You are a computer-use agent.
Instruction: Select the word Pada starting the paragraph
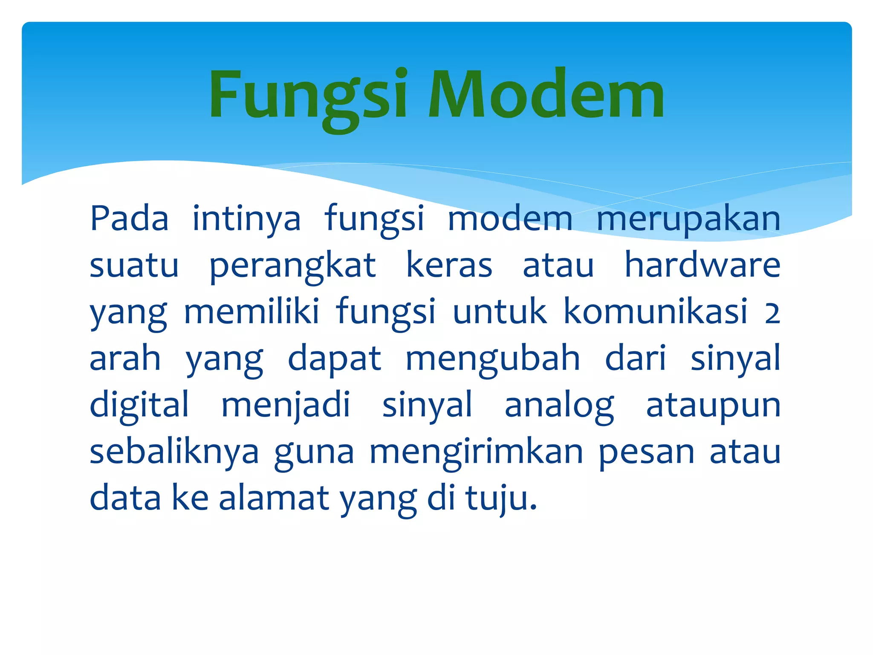point(129,219)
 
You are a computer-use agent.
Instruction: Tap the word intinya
point(246,219)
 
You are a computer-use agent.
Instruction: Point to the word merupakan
point(688,219)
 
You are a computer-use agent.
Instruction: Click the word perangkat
point(292,266)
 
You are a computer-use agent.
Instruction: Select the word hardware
point(702,266)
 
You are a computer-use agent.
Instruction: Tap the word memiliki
point(251,312)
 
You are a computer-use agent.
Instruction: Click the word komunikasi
point(656,312)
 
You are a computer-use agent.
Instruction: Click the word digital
point(139,405)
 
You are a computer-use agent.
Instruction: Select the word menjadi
point(286,405)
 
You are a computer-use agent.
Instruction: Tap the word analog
point(559,405)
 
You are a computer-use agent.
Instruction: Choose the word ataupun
point(713,405)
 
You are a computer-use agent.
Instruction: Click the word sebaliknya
point(174,452)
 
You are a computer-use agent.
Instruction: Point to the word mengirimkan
point(476,452)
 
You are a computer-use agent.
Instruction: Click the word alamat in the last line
point(274,498)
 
